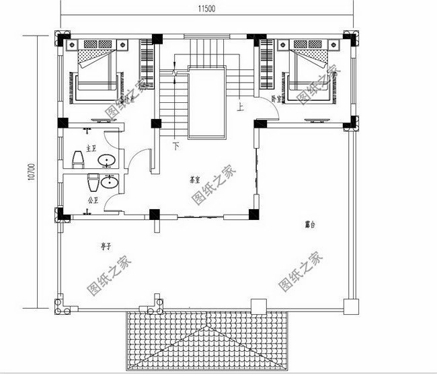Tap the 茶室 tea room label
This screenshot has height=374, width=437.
(x=196, y=180)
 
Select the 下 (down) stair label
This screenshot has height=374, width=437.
(x=176, y=145)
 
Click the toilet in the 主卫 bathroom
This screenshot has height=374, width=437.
(x=77, y=159)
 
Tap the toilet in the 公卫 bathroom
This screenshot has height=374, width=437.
(x=93, y=182)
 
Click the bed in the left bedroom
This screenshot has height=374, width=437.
(x=98, y=71)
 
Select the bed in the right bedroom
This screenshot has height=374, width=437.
(x=310, y=71)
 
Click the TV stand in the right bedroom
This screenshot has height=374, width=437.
(x=321, y=120)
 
